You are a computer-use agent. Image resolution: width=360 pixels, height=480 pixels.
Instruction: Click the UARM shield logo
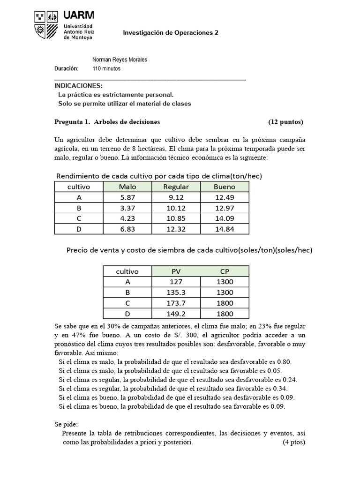pyautogui.click(x=46, y=25)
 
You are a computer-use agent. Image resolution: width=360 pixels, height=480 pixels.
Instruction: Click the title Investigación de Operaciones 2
pyautogui.click(x=171, y=33)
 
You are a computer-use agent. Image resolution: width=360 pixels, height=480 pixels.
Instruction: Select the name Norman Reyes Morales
pyautogui.click(x=120, y=60)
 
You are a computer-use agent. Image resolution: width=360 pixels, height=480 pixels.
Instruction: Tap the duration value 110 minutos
pyautogui.click(x=106, y=68)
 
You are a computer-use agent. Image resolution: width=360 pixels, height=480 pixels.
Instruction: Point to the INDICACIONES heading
pyautogui.click(x=78, y=86)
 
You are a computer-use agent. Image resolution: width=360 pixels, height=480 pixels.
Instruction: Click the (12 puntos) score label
pyautogui.click(x=285, y=122)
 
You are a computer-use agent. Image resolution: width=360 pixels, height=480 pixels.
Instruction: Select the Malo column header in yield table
pyautogui.click(x=127, y=187)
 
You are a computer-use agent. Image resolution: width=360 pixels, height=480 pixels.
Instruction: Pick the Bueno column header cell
pyautogui.click(x=225, y=187)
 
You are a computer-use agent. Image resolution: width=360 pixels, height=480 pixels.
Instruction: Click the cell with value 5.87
pyautogui.click(x=127, y=197)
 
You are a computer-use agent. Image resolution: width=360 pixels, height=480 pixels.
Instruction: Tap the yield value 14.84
pyautogui.click(x=225, y=228)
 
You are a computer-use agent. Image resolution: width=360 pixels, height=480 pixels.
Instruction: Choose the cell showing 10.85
pyautogui.click(x=176, y=218)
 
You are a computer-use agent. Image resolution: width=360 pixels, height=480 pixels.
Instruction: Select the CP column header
pyautogui.click(x=225, y=271)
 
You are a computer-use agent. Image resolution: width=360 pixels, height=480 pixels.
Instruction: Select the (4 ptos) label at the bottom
pyautogui.click(x=294, y=442)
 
